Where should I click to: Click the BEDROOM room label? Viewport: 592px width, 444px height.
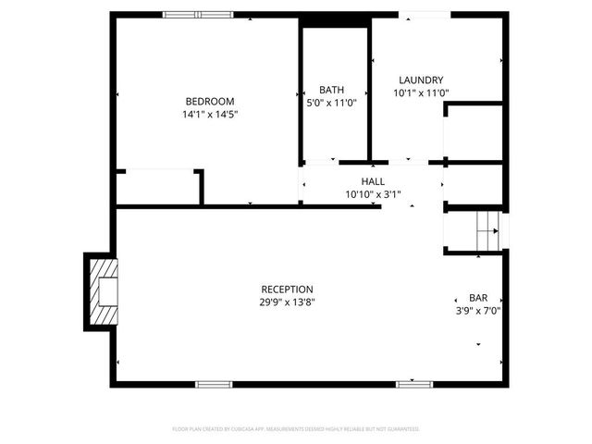[209, 101]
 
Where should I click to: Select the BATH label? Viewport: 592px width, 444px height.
[331, 90]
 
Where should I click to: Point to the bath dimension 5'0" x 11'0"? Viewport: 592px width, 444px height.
[331, 103]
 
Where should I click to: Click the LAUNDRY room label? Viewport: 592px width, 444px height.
[421, 80]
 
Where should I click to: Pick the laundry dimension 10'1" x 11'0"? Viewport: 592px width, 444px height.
[421, 92]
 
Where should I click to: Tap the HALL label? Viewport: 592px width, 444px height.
[373, 182]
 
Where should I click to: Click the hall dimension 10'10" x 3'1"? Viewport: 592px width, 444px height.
[373, 194]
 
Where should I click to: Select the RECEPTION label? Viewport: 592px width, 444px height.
[286, 290]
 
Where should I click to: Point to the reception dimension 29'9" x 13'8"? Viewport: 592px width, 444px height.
[286, 302]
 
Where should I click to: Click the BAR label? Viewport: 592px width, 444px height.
[478, 298]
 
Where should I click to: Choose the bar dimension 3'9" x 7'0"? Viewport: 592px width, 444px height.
[478, 311]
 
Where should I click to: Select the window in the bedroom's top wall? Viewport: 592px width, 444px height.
[199, 15]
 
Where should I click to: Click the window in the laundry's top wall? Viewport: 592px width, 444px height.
[425, 15]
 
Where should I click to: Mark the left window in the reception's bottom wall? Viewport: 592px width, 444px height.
[212, 383]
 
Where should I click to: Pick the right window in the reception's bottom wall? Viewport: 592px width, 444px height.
[413, 383]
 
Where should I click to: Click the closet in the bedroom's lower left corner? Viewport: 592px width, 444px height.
[157, 187]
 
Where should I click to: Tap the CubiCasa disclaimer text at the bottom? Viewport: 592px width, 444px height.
[296, 429]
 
